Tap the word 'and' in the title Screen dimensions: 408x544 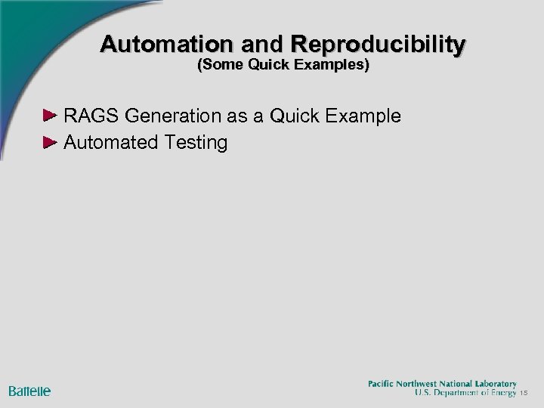(x=250, y=44)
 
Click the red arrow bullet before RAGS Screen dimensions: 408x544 (x=49, y=116)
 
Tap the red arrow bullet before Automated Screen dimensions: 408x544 (x=49, y=141)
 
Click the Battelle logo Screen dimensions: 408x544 (x=29, y=391)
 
